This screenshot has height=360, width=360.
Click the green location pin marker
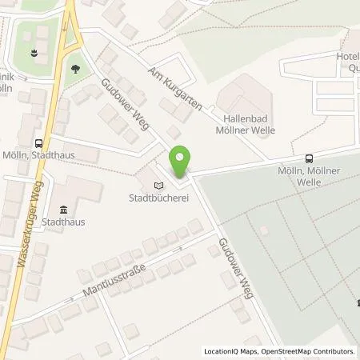181,162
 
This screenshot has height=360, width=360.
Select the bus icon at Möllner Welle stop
310,158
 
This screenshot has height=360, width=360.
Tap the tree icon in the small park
76,69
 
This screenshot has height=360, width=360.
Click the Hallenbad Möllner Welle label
245,122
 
